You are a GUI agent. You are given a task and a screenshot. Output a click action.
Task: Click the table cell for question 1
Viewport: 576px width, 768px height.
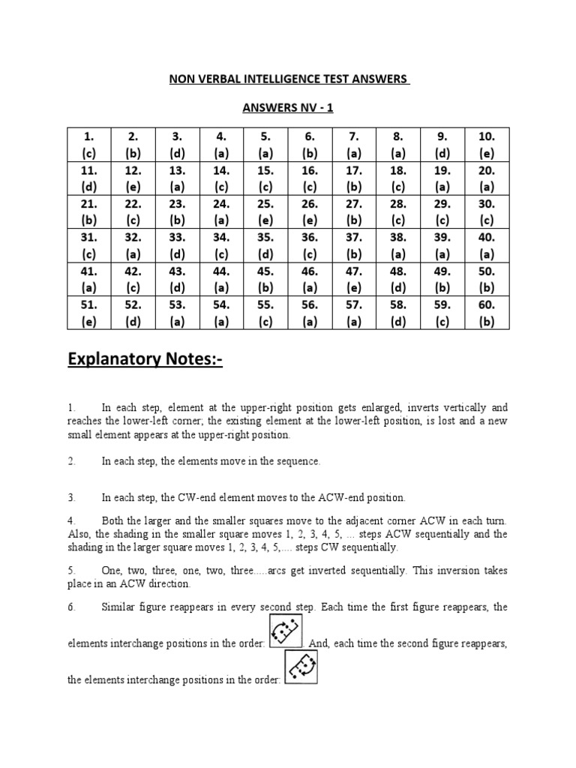point(88,145)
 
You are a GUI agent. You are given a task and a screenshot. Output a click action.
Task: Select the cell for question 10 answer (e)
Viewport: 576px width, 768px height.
point(486,145)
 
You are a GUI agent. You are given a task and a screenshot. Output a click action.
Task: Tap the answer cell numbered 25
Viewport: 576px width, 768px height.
point(265,212)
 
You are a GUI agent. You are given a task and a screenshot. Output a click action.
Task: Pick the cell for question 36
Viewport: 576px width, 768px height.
point(310,246)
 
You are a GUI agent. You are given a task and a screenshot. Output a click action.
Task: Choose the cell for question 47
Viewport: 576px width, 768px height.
point(354,280)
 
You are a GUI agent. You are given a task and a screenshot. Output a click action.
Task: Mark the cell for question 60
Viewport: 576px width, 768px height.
point(486,313)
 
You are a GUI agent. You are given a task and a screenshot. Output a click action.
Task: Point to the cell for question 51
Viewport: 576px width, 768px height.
point(88,313)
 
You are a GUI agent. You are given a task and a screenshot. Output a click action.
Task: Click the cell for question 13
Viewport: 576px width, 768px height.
point(177,178)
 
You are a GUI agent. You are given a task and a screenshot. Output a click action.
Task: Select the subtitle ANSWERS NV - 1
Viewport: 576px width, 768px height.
point(287,108)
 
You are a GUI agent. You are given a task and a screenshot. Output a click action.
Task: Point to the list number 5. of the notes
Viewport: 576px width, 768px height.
point(72,569)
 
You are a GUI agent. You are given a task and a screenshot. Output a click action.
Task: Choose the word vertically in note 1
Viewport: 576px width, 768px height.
point(461,407)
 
